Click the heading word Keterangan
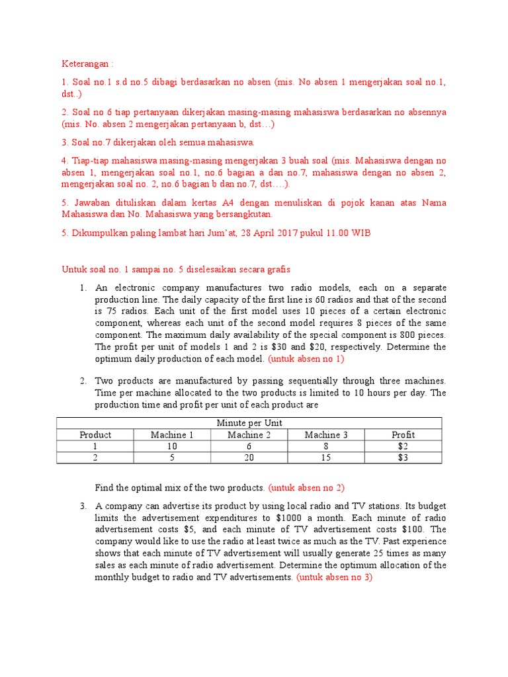pyautogui.click(x=86, y=64)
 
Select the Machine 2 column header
pyautogui.click(x=249, y=434)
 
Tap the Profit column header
pyautogui.click(x=403, y=434)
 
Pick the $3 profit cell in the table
pyautogui.click(x=403, y=458)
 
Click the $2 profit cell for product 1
pyautogui.click(x=403, y=446)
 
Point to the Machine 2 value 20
pyautogui.click(x=249, y=458)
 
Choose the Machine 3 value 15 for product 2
pyautogui.click(x=326, y=458)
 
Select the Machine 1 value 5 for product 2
pyautogui.click(x=172, y=458)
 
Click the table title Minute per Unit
pyautogui.click(x=249, y=422)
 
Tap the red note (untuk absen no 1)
pyautogui.click(x=306, y=359)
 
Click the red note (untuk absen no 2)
pyautogui.click(x=306, y=488)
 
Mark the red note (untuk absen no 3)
pyautogui.click(x=335, y=577)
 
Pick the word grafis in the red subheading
pyautogui.click(x=277, y=270)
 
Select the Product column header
pyautogui.click(x=95, y=434)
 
